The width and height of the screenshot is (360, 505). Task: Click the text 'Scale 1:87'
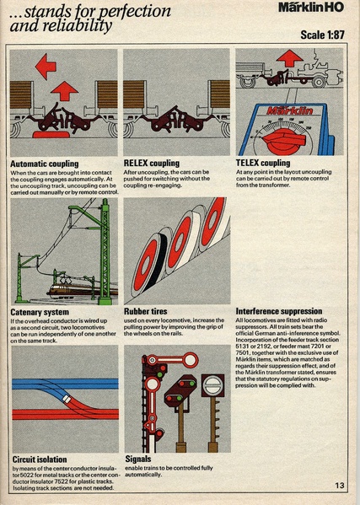pyautogui.click(x=325, y=35)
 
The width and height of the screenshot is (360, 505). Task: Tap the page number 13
pyautogui.click(x=340, y=484)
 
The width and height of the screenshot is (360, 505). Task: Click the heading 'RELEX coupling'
pyautogui.click(x=157, y=164)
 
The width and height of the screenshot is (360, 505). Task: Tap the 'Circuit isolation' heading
pyautogui.click(x=40, y=459)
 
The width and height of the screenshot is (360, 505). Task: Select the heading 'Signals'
pyautogui.click(x=138, y=459)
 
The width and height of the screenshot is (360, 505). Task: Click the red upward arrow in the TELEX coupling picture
pyautogui.click(x=287, y=59)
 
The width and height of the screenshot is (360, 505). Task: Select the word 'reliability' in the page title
pyautogui.click(x=72, y=26)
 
